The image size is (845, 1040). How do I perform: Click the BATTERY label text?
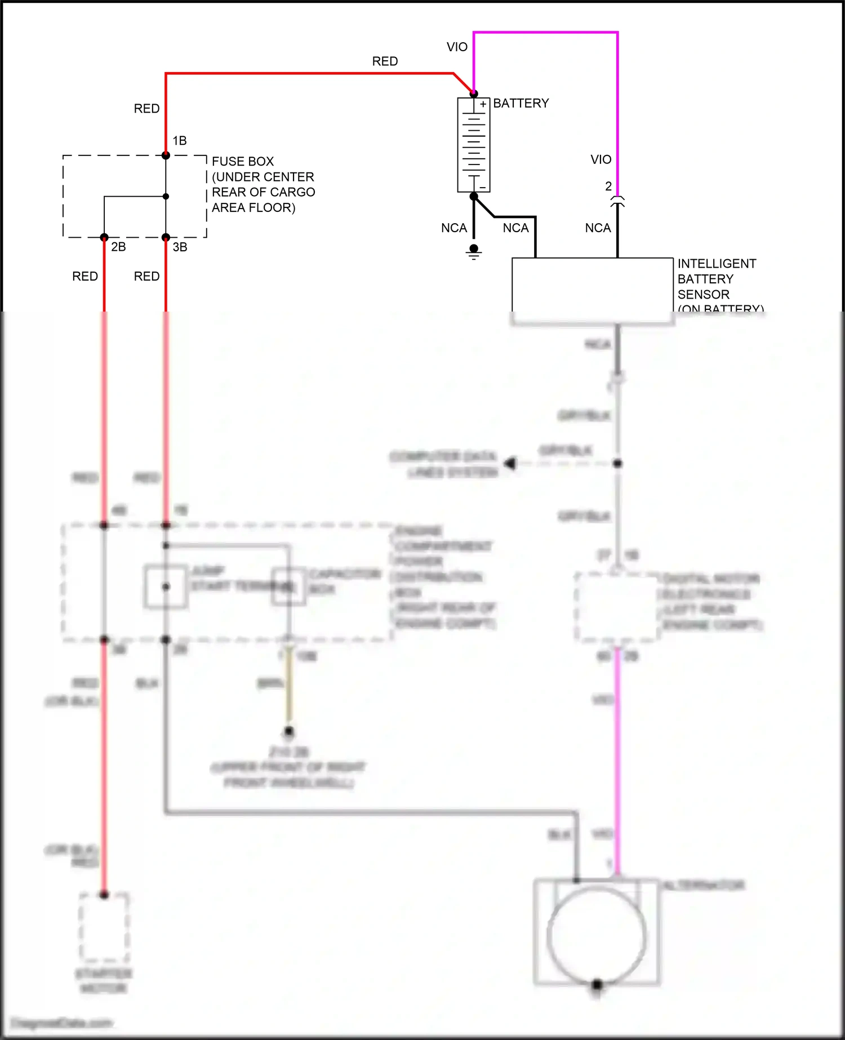point(521,103)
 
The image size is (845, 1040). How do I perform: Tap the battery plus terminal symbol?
point(483,104)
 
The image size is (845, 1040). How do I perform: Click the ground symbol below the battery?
point(474,252)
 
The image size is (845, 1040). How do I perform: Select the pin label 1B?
point(180,140)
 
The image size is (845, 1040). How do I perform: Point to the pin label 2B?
point(118,247)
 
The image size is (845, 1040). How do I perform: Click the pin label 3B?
point(180,247)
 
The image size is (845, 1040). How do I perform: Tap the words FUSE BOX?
point(243,161)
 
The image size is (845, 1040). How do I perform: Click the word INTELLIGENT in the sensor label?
point(717,264)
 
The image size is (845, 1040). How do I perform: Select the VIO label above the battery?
point(457,47)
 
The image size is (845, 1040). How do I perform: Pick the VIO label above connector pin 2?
point(601,159)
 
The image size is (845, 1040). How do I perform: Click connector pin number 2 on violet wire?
point(608,186)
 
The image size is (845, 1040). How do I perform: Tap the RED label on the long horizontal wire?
point(385,61)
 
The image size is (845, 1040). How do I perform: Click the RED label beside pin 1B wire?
point(146,108)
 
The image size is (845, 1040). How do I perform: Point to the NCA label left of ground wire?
point(454,228)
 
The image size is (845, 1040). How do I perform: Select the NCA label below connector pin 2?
point(598,228)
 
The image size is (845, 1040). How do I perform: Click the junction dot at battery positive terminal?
point(474,94)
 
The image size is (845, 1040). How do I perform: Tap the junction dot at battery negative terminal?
point(474,196)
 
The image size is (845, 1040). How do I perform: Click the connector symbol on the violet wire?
point(617,201)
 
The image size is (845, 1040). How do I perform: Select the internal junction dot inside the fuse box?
point(166,197)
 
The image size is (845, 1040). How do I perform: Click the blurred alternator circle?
point(597,935)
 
